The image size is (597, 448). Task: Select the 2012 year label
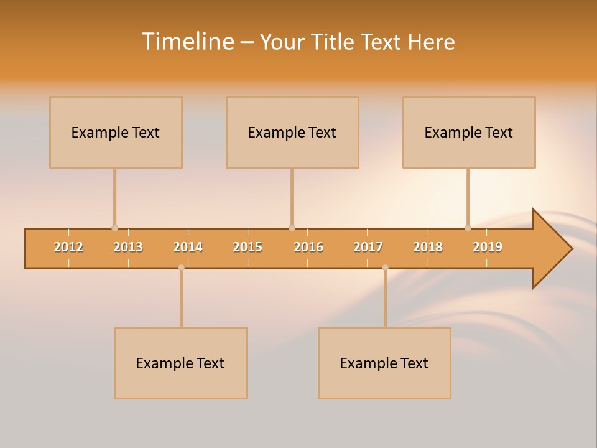click(x=68, y=247)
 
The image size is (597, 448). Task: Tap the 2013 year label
click(x=128, y=247)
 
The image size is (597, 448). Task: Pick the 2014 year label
click(x=188, y=247)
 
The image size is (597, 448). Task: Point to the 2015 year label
click(x=248, y=247)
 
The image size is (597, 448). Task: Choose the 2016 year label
click(x=308, y=247)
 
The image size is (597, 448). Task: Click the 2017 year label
click(x=368, y=247)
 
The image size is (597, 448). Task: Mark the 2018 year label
click(x=428, y=247)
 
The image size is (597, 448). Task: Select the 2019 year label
click(x=488, y=247)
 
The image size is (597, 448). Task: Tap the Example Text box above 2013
click(x=116, y=132)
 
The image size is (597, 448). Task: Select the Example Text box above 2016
click(x=292, y=132)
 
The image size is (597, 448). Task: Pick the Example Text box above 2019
click(x=469, y=132)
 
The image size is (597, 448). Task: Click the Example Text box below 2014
click(x=180, y=363)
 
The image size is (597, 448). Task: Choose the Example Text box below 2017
click(x=384, y=363)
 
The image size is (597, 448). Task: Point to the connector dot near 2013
click(x=114, y=228)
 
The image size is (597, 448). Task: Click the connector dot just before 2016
click(x=292, y=228)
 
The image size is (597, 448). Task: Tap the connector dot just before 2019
click(x=468, y=228)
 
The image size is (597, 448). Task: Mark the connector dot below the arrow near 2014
click(x=181, y=267)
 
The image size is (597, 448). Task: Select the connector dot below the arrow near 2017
click(x=385, y=267)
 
